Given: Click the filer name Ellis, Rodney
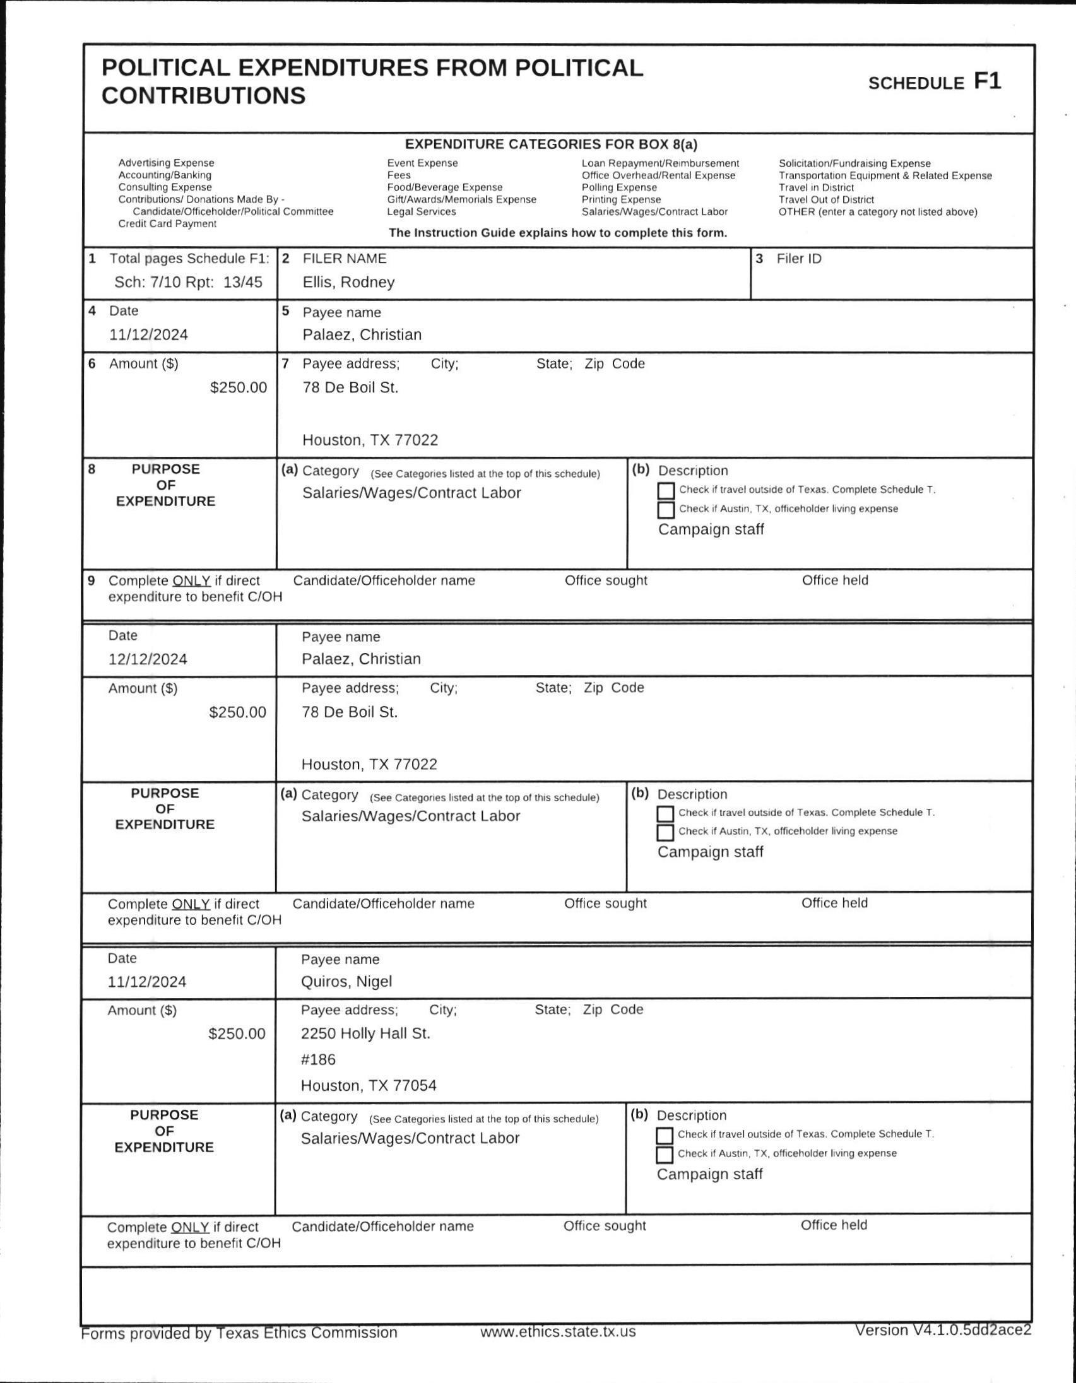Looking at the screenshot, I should [x=348, y=282].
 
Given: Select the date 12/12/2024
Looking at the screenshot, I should [x=148, y=659].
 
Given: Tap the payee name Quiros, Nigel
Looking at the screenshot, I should [x=346, y=982].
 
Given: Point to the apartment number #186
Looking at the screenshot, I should [x=318, y=1059].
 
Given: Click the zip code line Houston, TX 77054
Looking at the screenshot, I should [x=368, y=1085].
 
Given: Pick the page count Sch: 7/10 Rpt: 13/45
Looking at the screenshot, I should [x=188, y=282].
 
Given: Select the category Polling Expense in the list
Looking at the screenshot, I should [x=618, y=187].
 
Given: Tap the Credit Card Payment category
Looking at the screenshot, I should [x=167, y=223].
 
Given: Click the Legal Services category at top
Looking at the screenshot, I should [x=421, y=211].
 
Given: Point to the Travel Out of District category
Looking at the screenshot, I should [x=826, y=199].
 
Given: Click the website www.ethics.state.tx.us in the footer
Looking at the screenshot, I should [x=557, y=1332].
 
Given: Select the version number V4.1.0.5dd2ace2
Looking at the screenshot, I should [x=942, y=1330].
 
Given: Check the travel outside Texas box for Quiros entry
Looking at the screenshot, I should [x=665, y=1136].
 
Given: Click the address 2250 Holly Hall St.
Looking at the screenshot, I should [x=365, y=1033].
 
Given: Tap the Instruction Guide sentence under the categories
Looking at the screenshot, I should [x=557, y=232].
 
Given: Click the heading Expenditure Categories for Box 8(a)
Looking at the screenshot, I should [x=551, y=144].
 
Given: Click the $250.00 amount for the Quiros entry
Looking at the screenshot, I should [x=237, y=1033].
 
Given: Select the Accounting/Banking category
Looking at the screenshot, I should [x=165, y=175].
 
